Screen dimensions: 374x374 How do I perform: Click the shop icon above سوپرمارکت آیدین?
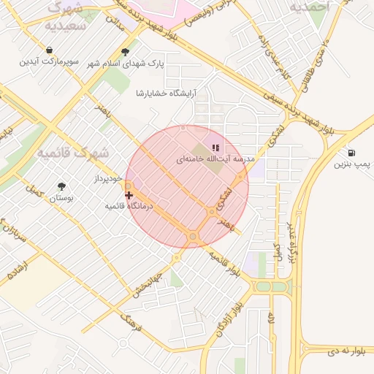49,50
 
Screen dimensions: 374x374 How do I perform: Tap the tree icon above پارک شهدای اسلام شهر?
126,52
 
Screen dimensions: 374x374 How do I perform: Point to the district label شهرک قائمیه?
72,153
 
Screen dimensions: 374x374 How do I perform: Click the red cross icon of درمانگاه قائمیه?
129,195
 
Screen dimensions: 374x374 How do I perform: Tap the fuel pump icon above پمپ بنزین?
353,153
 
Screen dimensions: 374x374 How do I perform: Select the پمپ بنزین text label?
353,165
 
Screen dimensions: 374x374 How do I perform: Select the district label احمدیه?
310,7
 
